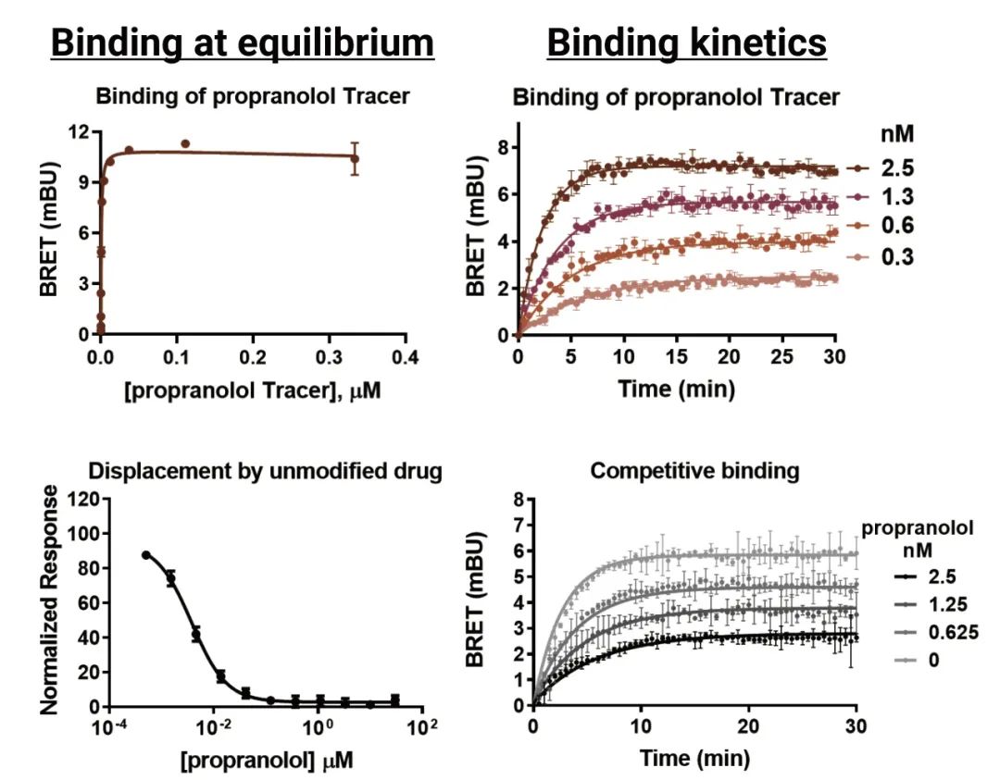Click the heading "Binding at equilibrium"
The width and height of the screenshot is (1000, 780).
click(242, 43)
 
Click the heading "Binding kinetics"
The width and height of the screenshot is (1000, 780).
click(686, 43)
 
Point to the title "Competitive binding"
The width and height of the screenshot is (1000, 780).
click(694, 471)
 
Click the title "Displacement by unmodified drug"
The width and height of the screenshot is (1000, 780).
click(266, 471)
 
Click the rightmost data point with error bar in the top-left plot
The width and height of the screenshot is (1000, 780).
click(354, 158)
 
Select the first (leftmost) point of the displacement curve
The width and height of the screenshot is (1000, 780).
click(146, 554)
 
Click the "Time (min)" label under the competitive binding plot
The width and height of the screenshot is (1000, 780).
click(694, 759)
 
